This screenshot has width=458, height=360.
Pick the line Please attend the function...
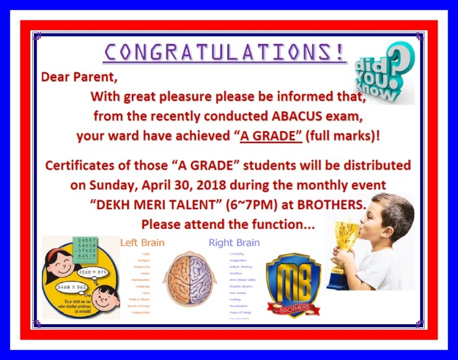[228, 224]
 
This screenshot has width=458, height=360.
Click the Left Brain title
[142, 242]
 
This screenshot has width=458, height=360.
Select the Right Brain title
[234, 242]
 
